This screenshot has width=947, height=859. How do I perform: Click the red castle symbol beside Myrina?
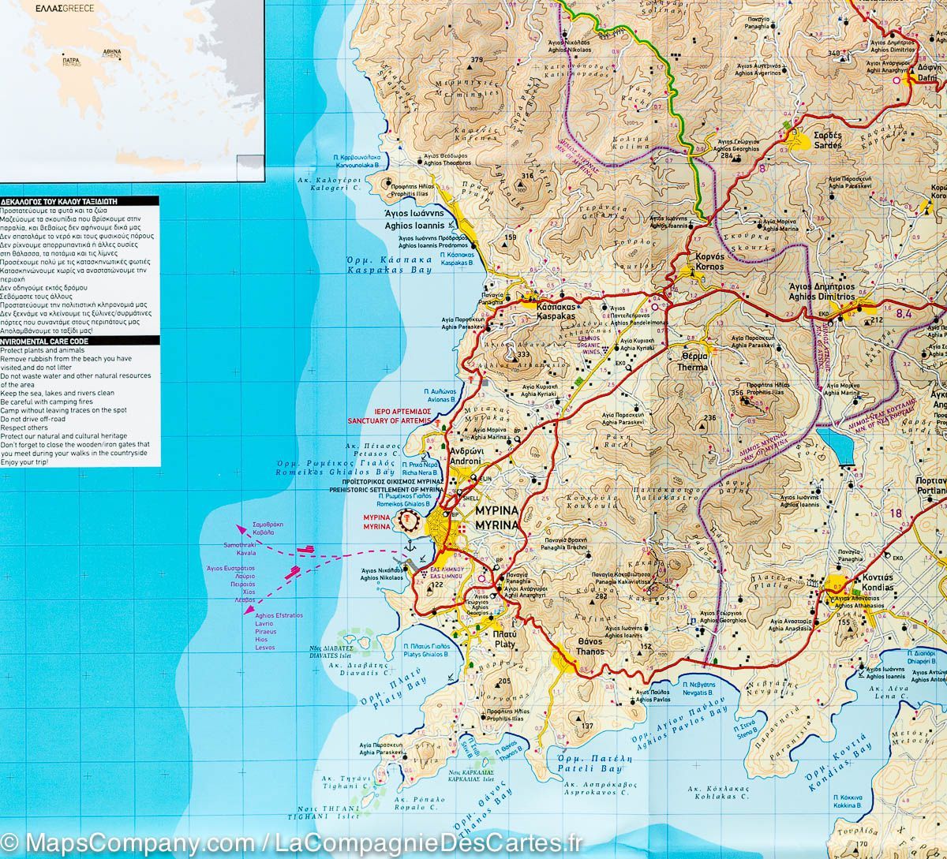[409, 520]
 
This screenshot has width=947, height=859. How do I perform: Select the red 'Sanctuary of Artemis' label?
[390, 416]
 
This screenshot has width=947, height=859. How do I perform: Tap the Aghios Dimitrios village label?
[821, 292]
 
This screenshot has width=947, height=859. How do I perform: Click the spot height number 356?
[738, 393]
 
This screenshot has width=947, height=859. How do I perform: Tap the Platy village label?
[504, 639]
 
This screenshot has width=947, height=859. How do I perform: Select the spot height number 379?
[476, 60]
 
